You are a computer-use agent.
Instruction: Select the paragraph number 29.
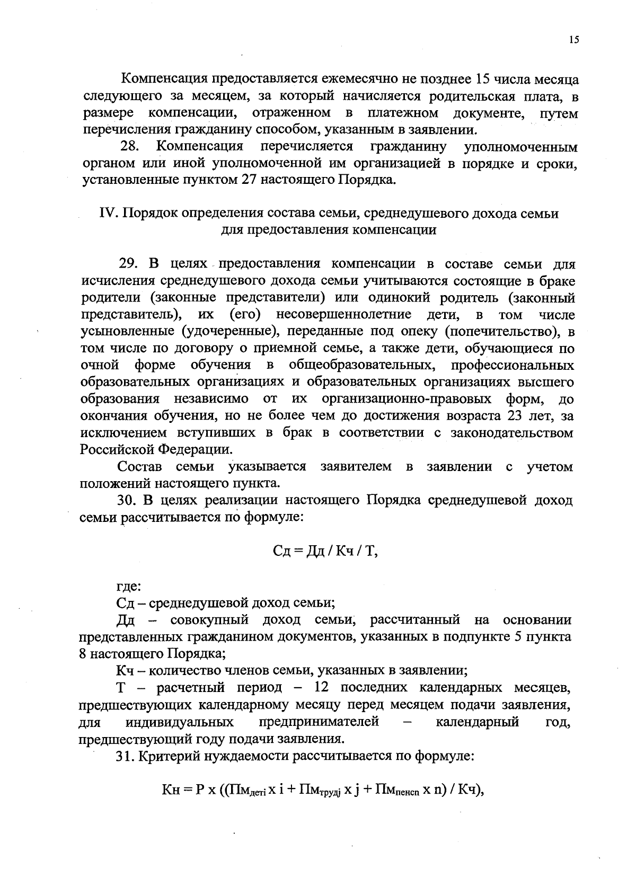(129, 264)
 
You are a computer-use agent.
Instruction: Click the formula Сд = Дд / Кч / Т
(324, 551)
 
